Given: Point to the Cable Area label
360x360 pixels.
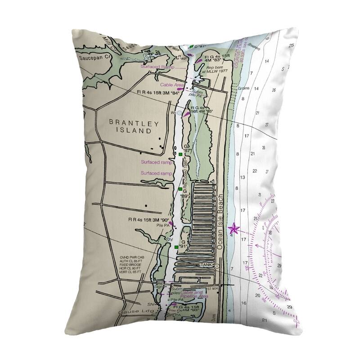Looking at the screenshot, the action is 170,85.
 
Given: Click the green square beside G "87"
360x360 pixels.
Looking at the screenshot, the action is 180,154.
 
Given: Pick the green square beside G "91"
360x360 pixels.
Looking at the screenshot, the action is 176,247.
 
